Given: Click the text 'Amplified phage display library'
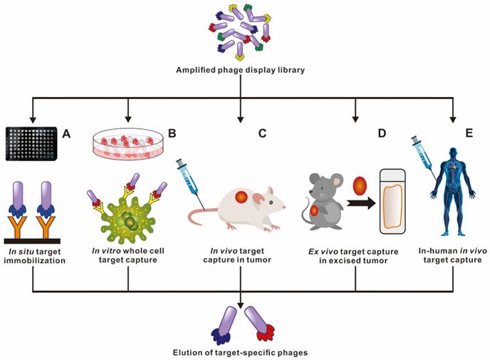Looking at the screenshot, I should tap(244, 69).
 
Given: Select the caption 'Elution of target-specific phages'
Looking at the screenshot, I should tap(244, 351).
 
